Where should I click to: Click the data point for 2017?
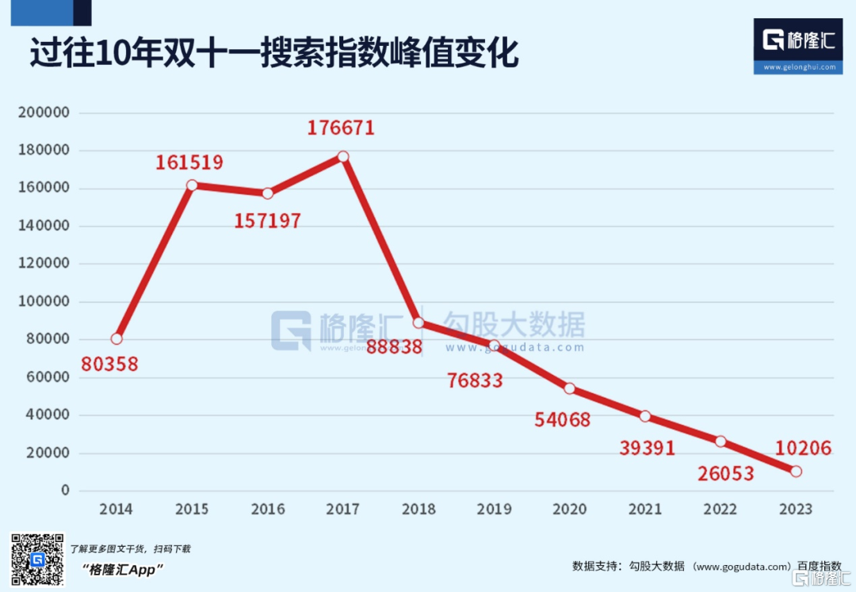[343, 156]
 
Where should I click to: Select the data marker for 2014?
[117, 338]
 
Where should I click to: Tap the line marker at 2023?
[796, 472]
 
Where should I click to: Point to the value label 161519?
[189, 162]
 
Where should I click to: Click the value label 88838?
[394, 347]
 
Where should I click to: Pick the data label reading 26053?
[726, 474]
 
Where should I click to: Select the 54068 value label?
[562, 419]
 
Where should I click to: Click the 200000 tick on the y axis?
[44, 113]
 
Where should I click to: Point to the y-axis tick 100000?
[44, 302]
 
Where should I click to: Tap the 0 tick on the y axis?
[66, 491]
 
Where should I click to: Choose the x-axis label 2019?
[494, 510]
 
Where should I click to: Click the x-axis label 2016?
[268, 510]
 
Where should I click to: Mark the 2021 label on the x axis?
[645, 510]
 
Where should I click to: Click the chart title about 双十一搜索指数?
[274, 54]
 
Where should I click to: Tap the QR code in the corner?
[36, 560]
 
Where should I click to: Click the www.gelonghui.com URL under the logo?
[798, 67]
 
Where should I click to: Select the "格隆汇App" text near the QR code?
[122, 569]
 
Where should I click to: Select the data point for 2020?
[569, 388]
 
